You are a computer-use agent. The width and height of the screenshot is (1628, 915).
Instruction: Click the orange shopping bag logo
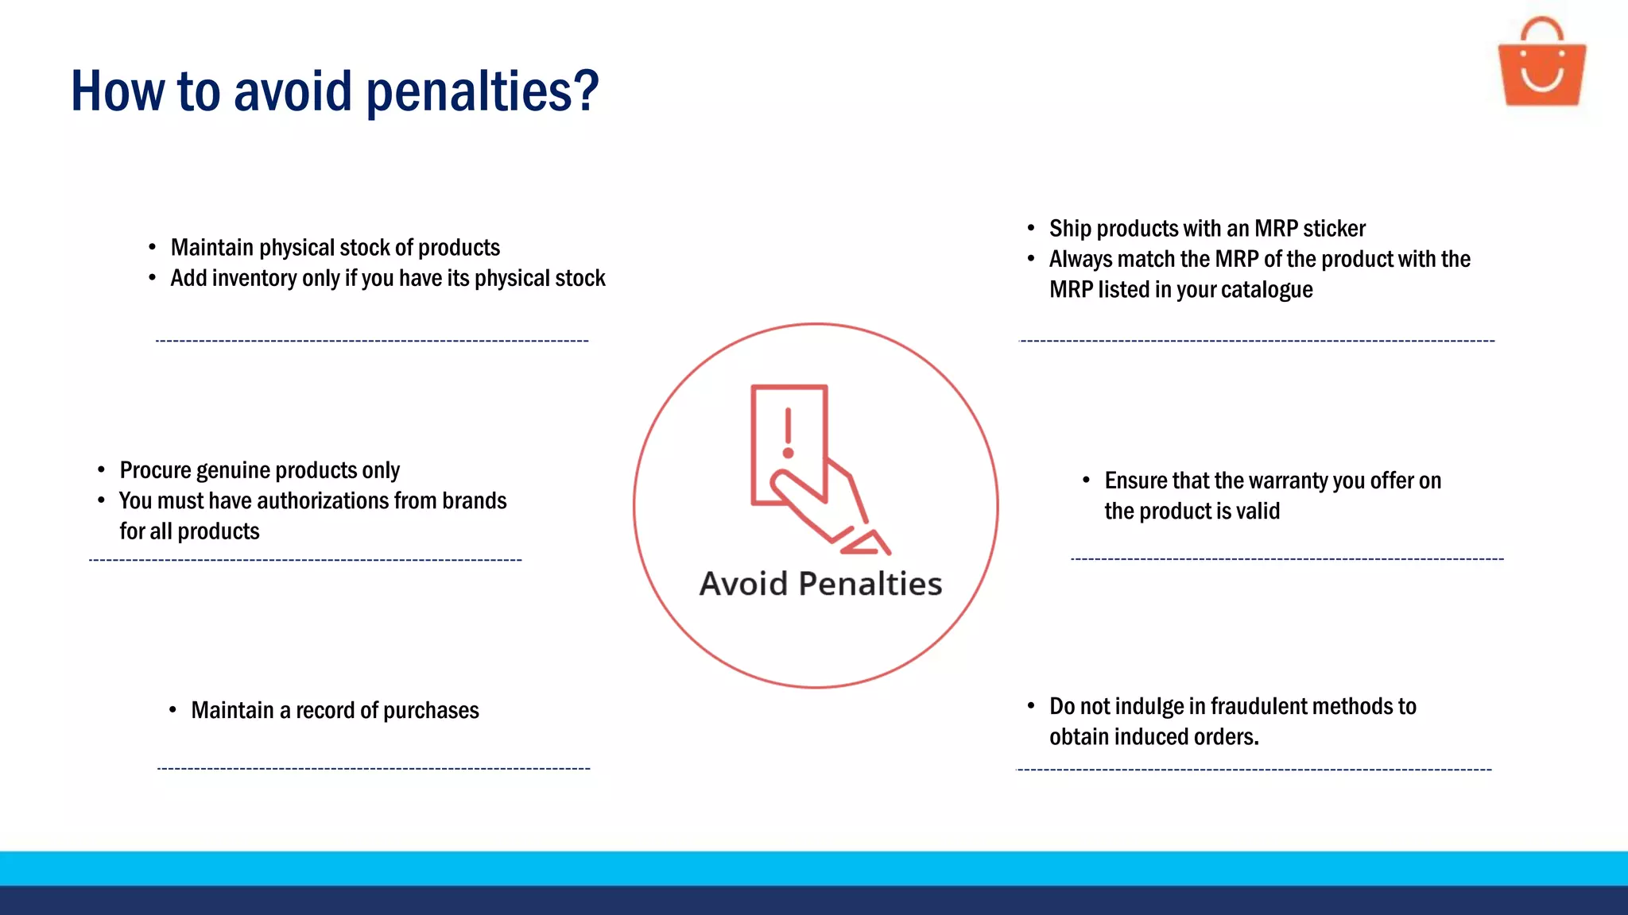[1541, 64]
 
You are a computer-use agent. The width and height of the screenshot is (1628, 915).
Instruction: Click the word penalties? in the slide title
[482, 92]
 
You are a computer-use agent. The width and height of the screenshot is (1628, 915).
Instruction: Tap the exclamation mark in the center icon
[788, 433]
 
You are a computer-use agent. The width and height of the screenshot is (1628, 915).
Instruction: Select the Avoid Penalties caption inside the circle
[820, 584]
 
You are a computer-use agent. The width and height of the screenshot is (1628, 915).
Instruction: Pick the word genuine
[231, 470]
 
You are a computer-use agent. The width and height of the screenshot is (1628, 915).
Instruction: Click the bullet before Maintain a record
[172, 709]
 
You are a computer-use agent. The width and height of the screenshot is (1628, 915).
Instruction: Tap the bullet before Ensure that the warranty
[1086, 480]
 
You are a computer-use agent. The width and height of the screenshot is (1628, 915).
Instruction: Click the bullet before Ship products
[1030, 229]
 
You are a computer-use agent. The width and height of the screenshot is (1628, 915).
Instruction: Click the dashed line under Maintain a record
[374, 769]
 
